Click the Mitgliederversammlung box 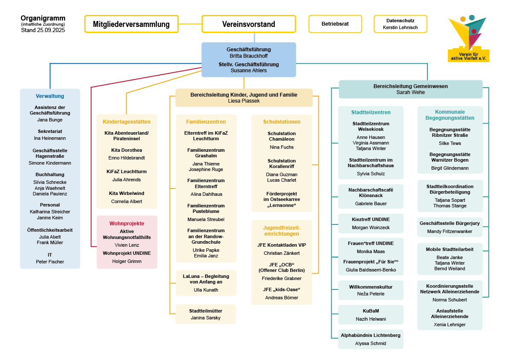[131, 24]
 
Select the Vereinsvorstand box [248, 24]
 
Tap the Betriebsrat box [335, 24]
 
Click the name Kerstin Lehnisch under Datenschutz [400, 27]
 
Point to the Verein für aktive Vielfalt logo [468, 39]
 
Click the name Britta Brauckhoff [248, 56]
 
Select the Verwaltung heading [50, 96]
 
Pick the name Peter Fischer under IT [50, 262]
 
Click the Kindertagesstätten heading [127, 122]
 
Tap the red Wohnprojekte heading [127, 223]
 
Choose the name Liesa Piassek [244, 101]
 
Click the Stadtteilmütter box [206, 314]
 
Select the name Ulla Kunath [206, 290]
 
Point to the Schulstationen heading [282, 122]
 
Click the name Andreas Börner [282, 298]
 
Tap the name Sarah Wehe [410, 92]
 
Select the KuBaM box [371, 315]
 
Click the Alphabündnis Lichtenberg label [371, 335]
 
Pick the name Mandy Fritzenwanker [450, 231]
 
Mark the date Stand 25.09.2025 [43, 30]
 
